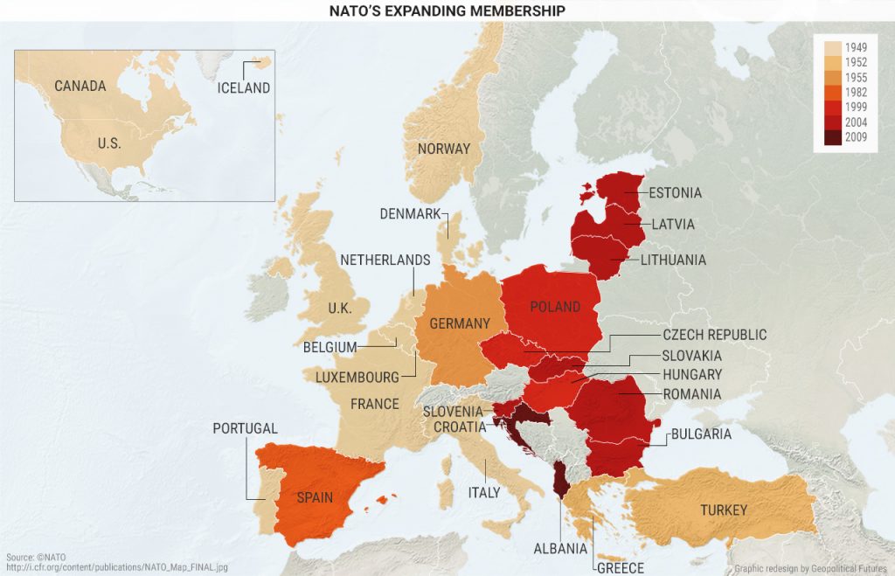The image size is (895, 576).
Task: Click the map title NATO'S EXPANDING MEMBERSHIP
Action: (x=447, y=10)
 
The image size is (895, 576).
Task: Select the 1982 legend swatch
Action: (x=830, y=92)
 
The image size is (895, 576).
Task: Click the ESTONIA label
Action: (x=675, y=192)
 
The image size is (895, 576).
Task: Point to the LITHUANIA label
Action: (x=673, y=260)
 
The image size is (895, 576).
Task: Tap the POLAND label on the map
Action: (x=555, y=307)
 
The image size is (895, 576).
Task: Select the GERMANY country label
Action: (x=460, y=323)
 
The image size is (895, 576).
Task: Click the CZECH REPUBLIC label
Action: (x=714, y=335)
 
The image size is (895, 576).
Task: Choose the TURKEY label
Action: (x=723, y=509)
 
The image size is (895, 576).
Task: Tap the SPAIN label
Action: (x=315, y=497)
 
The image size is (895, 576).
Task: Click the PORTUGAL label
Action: (x=246, y=428)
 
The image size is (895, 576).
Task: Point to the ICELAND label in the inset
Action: (x=244, y=87)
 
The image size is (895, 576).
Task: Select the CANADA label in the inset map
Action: (x=80, y=86)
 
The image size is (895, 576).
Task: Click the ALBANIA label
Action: (x=560, y=548)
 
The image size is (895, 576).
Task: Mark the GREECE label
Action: (x=621, y=567)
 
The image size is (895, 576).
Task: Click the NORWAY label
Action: (x=443, y=149)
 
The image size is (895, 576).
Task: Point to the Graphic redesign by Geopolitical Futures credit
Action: (x=811, y=567)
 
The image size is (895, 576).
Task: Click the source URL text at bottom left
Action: (x=117, y=567)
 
